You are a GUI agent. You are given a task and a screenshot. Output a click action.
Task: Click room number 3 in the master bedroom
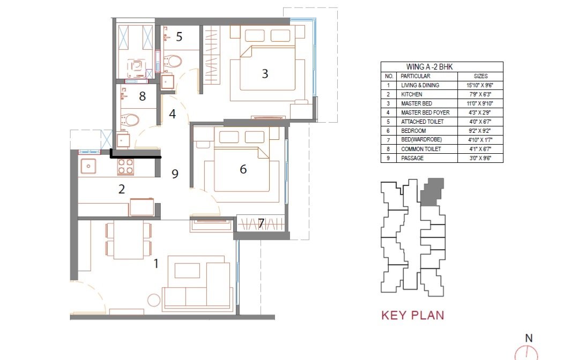click(x=265, y=73)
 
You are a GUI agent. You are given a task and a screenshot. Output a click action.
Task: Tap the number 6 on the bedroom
click(x=243, y=169)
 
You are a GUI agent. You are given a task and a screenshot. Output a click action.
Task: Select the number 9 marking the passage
click(x=175, y=174)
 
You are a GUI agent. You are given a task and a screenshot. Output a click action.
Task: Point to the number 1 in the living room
click(x=156, y=263)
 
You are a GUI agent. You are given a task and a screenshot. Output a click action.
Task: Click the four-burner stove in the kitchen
click(x=125, y=167)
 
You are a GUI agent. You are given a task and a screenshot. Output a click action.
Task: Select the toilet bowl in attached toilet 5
click(x=172, y=61)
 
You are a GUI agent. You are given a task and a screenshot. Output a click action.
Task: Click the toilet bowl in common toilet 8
click(x=130, y=120)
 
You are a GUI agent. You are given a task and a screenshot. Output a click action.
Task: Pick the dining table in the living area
click(x=129, y=240)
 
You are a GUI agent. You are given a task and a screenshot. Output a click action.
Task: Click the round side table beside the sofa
click(x=154, y=300)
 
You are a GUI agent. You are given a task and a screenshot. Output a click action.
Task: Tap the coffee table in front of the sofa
click(x=187, y=271)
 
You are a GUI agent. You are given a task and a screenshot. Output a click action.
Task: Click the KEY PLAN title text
click(x=413, y=315)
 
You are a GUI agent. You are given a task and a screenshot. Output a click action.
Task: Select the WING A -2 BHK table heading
click(x=429, y=66)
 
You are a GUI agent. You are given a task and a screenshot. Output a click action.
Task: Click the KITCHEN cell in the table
click(x=412, y=94)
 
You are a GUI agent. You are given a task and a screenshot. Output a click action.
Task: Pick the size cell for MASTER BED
click(x=480, y=103)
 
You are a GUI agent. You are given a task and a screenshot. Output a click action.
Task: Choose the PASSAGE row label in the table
click(x=412, y=158)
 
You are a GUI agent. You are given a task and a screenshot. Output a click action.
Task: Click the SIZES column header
click(x=480, y=76)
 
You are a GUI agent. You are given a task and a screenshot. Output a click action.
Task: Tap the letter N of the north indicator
click(x=529, y=338)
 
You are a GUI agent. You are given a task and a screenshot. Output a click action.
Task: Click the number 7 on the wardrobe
click(x=261, y=223)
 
